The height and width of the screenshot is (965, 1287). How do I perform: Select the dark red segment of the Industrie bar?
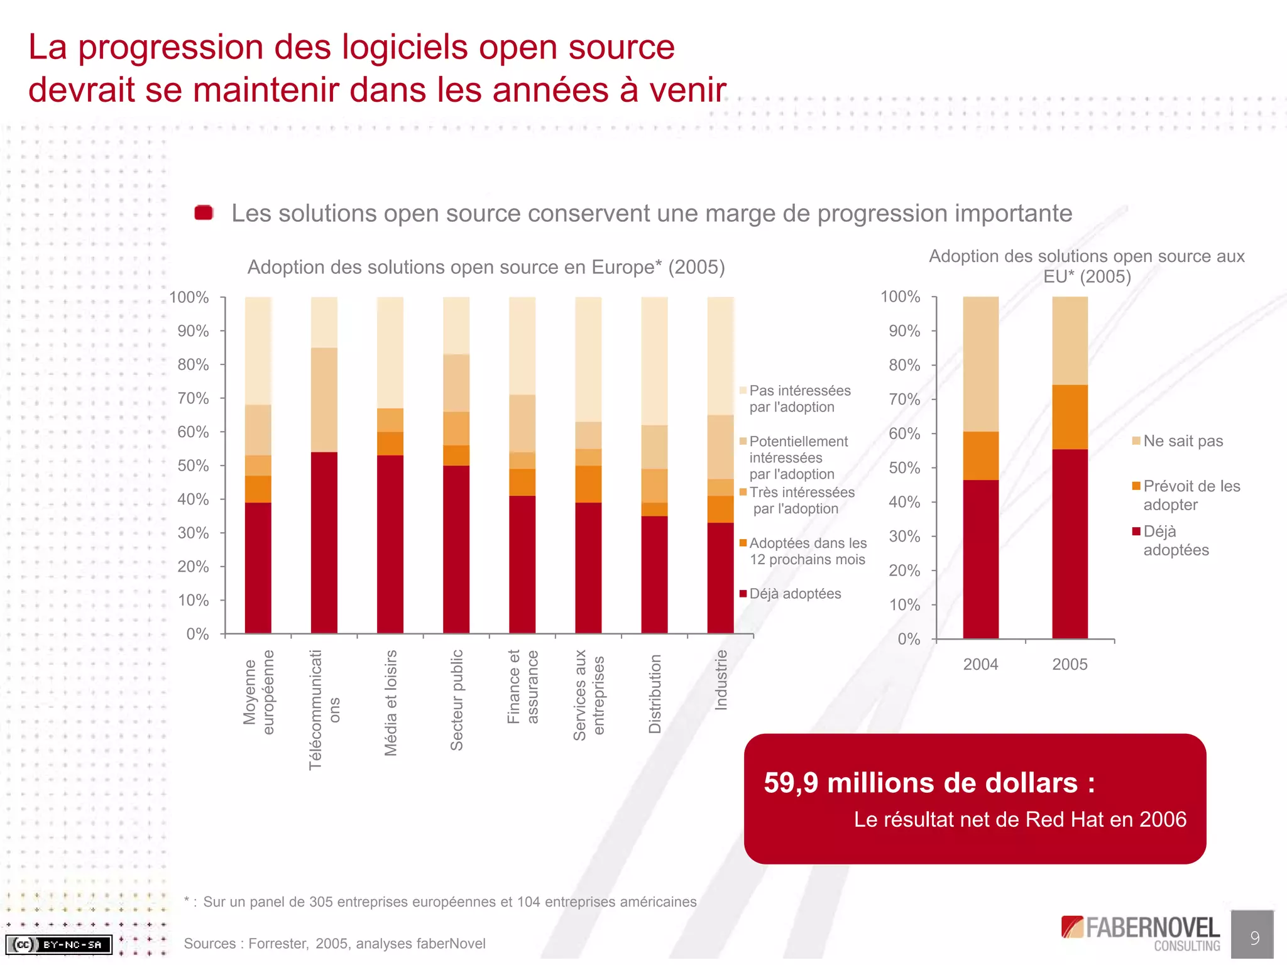click(720, 578)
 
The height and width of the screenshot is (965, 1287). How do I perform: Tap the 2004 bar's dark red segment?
click(980, 559)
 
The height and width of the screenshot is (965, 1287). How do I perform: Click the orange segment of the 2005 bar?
click(1070, 417)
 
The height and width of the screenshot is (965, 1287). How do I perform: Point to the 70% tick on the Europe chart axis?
click(193, 398)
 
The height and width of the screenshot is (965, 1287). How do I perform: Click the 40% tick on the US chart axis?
click(904, 502)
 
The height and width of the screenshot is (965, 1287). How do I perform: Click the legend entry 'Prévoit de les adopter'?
click(1191, 495)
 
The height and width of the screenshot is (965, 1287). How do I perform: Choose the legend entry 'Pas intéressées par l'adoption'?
click(799, 399)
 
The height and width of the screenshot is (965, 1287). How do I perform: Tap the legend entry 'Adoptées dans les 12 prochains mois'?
click(808, 551)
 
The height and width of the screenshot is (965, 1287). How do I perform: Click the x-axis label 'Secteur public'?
click(457, 700)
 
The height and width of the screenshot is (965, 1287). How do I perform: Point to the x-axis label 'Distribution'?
click(655, 694)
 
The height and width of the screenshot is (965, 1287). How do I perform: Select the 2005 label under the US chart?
click(1070, 664)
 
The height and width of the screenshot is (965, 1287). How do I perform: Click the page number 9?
click(1254, 938)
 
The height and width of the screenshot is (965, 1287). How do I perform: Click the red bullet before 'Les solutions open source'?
click(204, 213)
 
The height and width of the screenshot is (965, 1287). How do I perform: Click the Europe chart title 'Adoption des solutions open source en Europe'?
click(486, 267)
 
